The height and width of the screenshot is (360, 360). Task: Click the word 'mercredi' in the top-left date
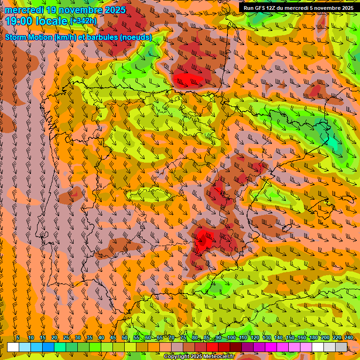click(x=24, y=10)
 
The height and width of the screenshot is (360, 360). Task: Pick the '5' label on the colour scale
click(x=18, y=338)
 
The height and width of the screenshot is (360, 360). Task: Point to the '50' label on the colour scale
click(x=124, y=338)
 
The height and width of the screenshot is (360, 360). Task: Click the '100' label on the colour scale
click(x=231, y=338)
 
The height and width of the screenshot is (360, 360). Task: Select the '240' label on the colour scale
click(x=348, y=338)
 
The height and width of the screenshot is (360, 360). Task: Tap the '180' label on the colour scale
click(x=313, y=338)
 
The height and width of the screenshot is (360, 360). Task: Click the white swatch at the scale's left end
click(x=13, y=347)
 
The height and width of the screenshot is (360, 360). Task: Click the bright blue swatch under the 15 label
click(x=48, y=347)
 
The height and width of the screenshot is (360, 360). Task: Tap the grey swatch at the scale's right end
click(x=341, y=347)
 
